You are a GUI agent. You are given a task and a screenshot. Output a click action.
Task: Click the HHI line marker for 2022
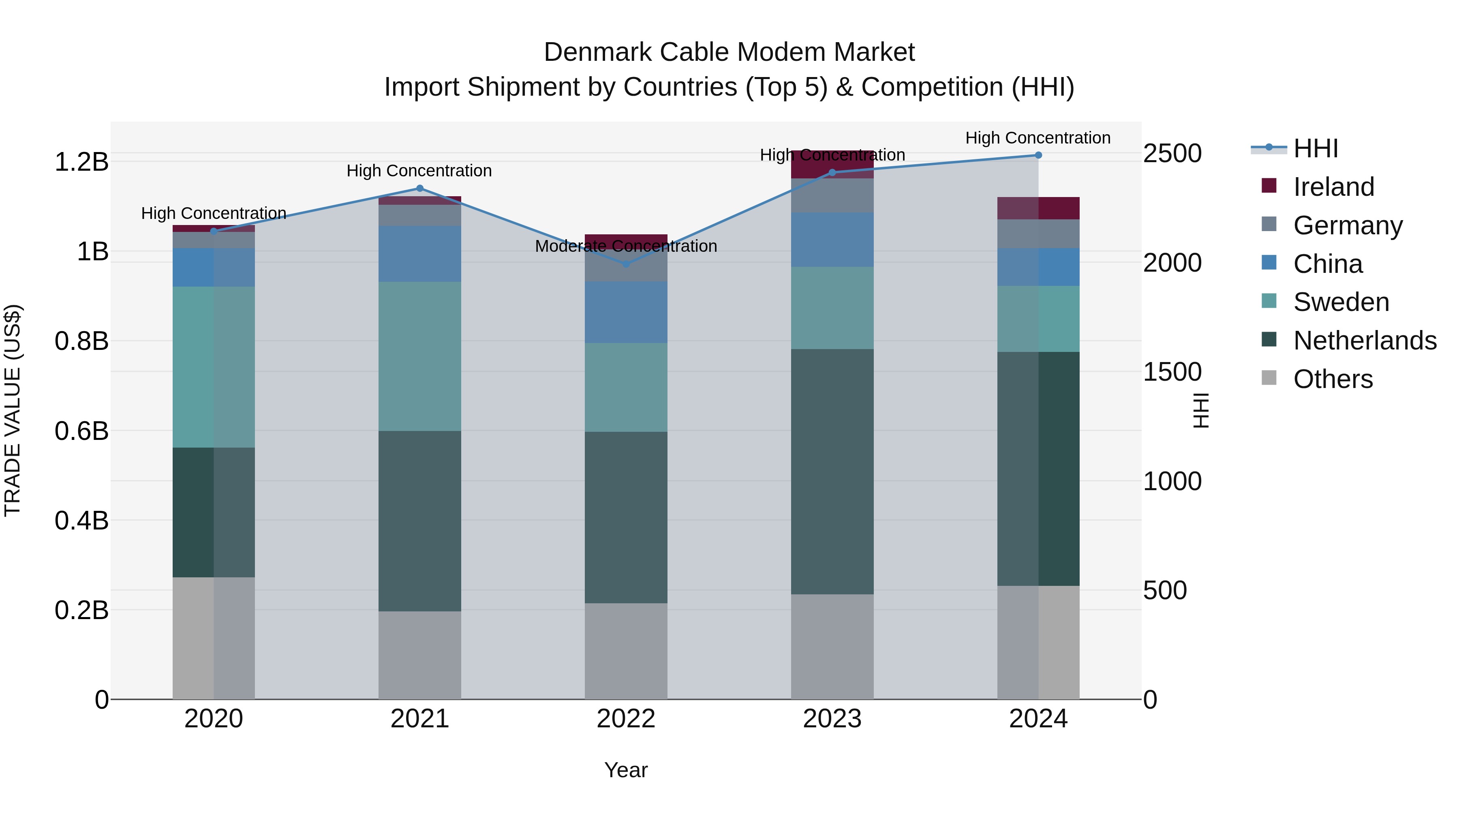point(626,264)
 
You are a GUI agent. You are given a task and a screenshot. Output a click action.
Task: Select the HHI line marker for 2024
point(1038,155)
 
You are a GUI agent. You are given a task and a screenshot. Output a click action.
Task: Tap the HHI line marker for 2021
point(420,188)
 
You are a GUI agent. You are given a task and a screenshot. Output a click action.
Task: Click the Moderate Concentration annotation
point(626,247)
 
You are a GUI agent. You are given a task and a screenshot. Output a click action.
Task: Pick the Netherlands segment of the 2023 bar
point(832,472)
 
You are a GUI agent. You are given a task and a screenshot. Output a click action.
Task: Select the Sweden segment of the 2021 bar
point(420,356)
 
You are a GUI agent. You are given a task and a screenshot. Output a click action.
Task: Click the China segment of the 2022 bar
point(626,312)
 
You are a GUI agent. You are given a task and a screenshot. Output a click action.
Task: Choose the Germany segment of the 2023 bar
point(832,195)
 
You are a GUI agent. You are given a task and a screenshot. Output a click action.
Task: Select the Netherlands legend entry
point(1365,341)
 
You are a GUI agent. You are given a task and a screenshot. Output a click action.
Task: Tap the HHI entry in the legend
point(1315,148)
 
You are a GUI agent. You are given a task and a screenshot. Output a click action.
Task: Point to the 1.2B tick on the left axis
point(81,162)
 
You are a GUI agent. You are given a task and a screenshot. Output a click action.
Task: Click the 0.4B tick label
point(81,521)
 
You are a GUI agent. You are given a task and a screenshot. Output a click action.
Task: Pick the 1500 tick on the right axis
point(1172,372)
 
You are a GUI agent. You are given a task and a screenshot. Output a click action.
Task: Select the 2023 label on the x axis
point(832,719)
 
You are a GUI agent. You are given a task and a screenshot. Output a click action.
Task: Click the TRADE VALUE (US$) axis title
point(13,410)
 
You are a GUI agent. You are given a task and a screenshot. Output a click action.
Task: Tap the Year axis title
point(626,770)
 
